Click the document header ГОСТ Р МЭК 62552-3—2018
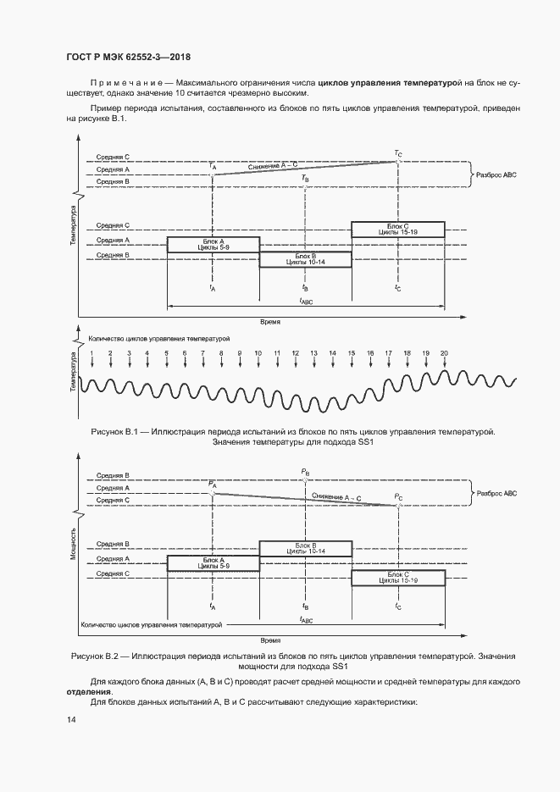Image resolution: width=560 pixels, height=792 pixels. point(128,57)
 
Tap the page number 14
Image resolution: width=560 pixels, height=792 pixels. point(70,719)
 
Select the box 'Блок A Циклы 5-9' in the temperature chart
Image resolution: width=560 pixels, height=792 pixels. point(213,245)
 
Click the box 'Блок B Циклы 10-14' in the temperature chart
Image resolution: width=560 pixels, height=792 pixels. point(306,259)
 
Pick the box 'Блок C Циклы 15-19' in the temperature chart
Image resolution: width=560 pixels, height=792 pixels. point(398,230)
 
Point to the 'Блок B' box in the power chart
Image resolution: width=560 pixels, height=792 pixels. point(306,549)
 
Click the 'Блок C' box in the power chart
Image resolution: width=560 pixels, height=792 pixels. point(398,578)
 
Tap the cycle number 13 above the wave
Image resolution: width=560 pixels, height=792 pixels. point(313,353)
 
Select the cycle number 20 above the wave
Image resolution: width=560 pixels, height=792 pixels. point(445,353)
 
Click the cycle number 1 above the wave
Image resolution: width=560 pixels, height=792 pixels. point(91,353)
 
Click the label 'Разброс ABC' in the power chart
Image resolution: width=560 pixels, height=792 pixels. point(496,494)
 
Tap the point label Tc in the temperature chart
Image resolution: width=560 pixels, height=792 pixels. point(398,153)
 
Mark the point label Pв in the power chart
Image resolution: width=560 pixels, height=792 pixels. point(305,473)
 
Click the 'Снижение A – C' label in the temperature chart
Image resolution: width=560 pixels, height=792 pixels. point(273,166)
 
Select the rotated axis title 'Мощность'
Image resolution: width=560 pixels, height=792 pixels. point(73,544)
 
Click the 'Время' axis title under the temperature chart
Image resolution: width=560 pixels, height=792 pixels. point(270,321)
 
